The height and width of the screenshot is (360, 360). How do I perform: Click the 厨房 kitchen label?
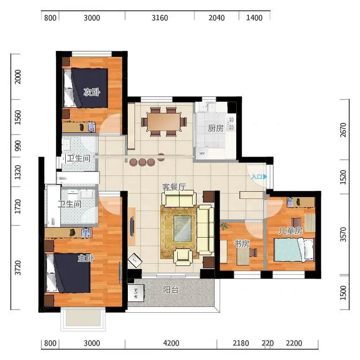click(216, 128)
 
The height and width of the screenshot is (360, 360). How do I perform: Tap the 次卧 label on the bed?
click(92, 92)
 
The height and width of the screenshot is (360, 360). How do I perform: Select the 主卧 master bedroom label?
click(86, 258)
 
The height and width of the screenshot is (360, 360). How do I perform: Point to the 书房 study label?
click(242, 244)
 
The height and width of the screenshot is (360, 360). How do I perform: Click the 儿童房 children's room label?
click(290, 231)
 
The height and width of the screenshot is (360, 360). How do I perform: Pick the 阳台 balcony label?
click(171, 290)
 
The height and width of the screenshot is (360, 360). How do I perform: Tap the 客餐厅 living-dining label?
click(174, 187)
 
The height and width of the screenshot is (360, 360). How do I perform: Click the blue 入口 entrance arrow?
click(265, 176)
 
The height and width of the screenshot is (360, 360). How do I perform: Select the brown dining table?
click(164, 121)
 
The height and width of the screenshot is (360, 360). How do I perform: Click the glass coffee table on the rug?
click(182, 229)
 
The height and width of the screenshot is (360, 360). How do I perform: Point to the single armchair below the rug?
click(183, 257)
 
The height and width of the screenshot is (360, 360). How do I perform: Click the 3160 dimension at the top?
click(160, 18)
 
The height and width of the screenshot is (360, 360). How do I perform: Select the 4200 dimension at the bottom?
click(171, 343)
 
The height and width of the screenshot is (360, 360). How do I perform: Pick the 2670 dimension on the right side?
click(343, 130)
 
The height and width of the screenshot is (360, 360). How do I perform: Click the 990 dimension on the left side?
click(18, 146)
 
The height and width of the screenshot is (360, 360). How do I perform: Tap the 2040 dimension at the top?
click(216, 18)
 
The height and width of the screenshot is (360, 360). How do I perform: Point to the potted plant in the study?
click(224, 226)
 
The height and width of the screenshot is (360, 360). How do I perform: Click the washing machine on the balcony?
click(136, 293)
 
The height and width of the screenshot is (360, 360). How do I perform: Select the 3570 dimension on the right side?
click(343, 234)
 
